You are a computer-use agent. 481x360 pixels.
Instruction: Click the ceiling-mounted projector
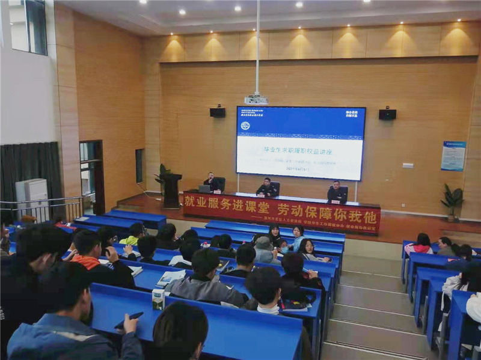point(256,99)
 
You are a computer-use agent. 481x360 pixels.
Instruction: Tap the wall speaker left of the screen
point(218,112)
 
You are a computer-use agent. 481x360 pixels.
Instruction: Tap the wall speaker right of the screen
point(387,114)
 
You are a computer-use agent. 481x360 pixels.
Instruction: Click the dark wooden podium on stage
point(172,191)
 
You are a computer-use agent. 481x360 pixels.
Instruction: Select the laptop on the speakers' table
point(204,189)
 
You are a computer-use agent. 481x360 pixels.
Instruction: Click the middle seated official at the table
point(267,189)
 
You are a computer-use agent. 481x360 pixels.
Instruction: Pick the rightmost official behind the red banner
point(337,192)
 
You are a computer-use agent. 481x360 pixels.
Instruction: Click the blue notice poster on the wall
point(453,156)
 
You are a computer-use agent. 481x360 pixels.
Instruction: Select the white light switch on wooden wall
point(408,165)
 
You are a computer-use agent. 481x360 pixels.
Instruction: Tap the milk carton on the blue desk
point(158,299)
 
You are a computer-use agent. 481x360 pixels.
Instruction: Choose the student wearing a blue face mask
point(283,246)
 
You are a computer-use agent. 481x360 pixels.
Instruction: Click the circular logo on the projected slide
point(245,126)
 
